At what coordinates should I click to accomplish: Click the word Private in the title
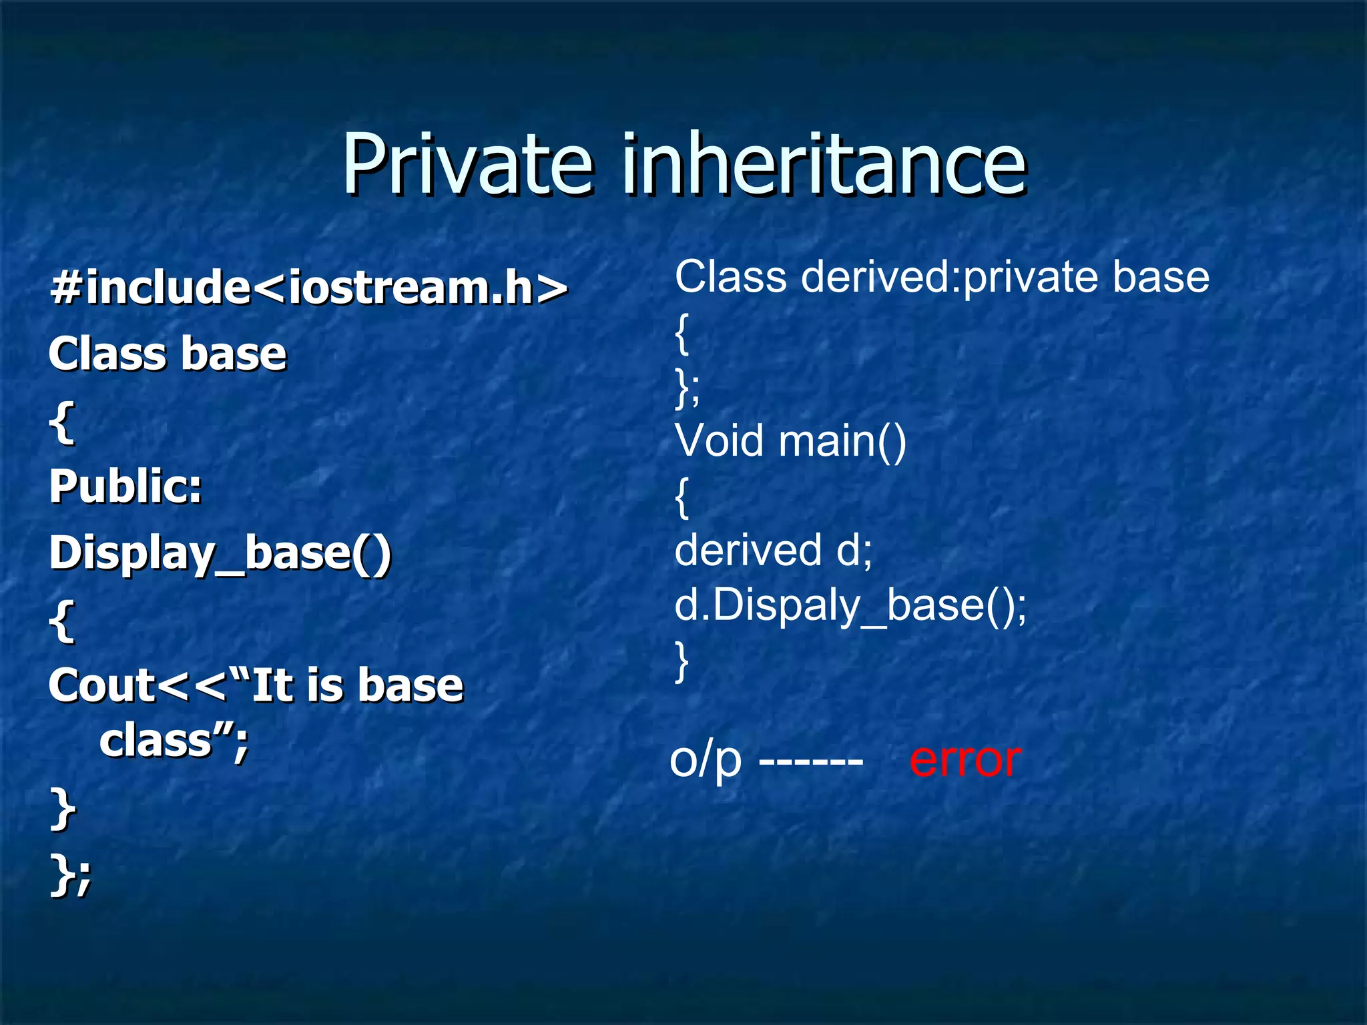(467, 163)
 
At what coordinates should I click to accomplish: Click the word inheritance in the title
(824, 163)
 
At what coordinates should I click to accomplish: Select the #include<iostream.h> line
(308, 288)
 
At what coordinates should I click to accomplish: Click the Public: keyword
(125, 486)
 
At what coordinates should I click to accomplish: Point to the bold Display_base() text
(220, 554)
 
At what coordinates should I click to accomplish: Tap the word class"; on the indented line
(174, 741)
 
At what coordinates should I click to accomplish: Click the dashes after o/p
(811, 761)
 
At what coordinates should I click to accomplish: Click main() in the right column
(842, 441)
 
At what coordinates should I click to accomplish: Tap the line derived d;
(773, 551)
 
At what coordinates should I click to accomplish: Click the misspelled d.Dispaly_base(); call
(850, 606)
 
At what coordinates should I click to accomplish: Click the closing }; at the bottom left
(70, 876)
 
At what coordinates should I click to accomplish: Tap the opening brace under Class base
(61, 422)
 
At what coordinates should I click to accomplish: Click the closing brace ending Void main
(681, 661)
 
